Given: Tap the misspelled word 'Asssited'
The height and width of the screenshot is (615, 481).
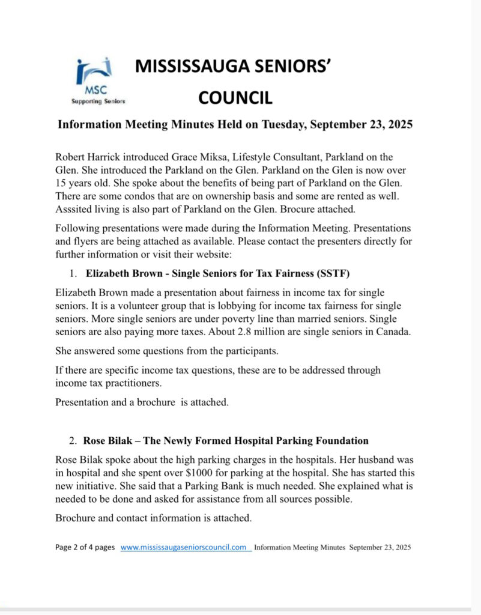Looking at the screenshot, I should click(x=73, y=208).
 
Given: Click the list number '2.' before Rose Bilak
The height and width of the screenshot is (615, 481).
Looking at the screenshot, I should click(x=72, y=441).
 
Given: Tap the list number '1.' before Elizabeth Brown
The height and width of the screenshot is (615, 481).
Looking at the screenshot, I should click(x=73, y=274).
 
